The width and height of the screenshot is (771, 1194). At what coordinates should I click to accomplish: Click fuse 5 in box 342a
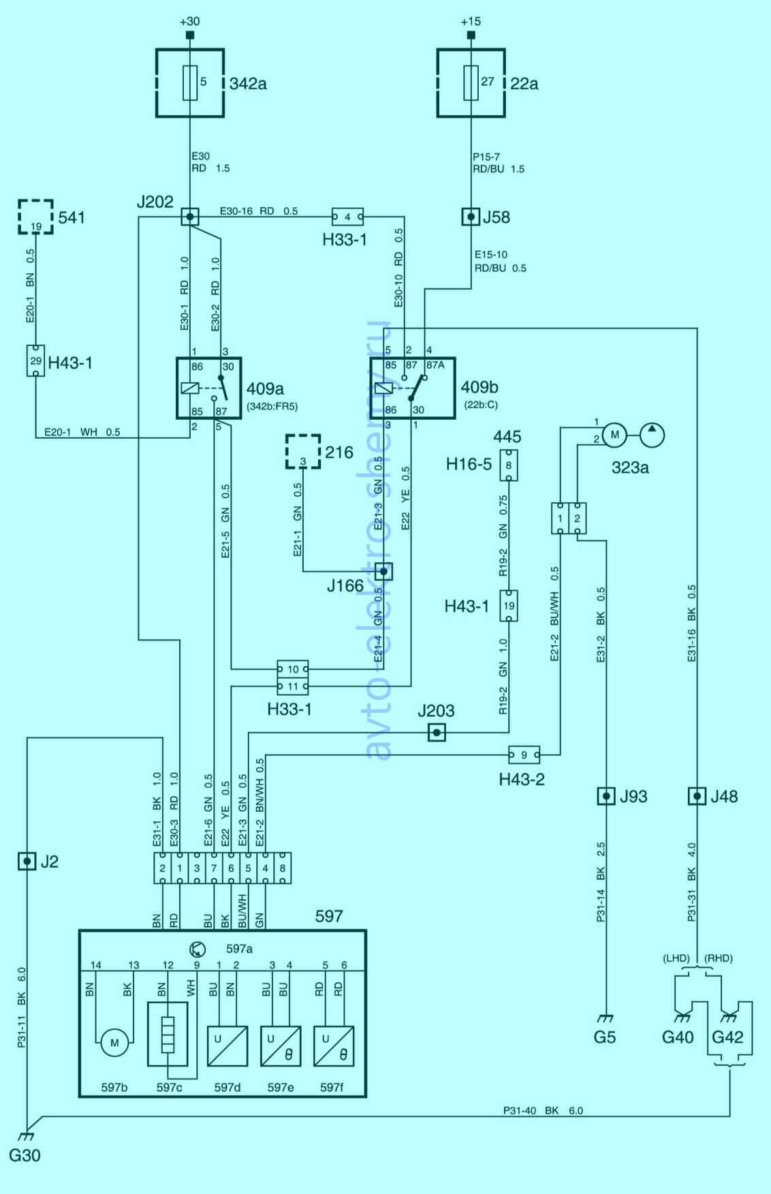tap(190, 83)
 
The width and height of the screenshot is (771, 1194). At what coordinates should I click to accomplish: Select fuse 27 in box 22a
tap(471, 83)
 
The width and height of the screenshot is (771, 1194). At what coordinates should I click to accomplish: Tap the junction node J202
tap(190, 217)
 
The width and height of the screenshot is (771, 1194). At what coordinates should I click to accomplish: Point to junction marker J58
tap(471, 217)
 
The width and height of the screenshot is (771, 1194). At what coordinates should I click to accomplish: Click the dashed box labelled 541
tap(35, 217)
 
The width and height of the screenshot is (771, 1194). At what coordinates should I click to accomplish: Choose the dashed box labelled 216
tap(303, 453)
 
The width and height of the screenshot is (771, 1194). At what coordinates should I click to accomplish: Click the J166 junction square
tap(383, 571)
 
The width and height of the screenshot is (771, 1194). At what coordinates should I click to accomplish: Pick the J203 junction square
tap(437, 733)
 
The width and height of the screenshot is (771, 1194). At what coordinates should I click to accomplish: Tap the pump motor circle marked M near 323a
tap(614, 435)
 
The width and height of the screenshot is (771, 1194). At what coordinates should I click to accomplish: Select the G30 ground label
tap(25, 1156)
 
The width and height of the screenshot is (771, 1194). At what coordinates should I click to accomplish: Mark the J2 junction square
tap(27, 862)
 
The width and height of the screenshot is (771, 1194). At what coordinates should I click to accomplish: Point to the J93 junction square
tap(606, 796)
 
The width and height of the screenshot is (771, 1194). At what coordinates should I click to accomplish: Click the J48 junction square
tap(696, 796)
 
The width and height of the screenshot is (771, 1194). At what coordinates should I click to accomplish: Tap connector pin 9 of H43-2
tap(524, 755)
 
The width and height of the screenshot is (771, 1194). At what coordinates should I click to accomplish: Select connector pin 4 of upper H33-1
tap(347, 217)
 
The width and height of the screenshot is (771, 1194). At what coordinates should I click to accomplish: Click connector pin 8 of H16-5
tap(509, 465)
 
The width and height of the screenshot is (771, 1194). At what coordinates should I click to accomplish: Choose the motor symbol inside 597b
tap(114, 1043)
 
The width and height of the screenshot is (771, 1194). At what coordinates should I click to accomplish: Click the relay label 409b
tap(479, 387)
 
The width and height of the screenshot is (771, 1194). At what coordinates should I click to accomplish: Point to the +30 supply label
tap(189, 21)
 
